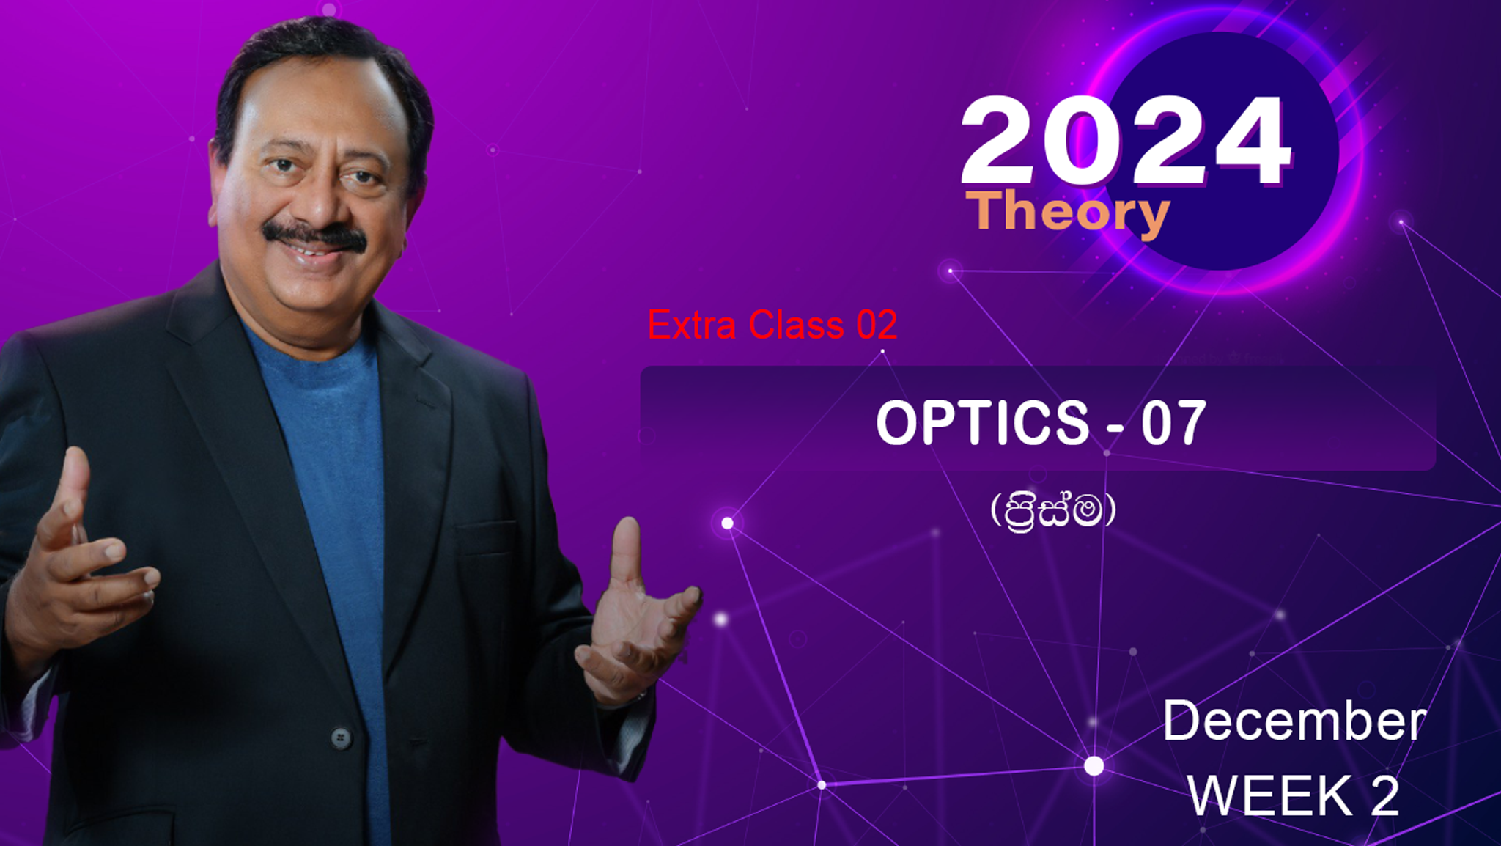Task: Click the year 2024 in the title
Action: click(x=1126, y=141)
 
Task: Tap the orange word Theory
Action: click(x=1068, y=213)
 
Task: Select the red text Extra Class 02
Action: click(x=772, y=325)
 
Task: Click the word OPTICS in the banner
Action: click(x=982, y=422)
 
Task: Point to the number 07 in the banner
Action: click(x=1173, y=423)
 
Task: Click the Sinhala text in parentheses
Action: click(x=1053, y=510)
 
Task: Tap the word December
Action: click(x=1294, y=721)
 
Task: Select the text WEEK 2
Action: click(x=1294, y=795)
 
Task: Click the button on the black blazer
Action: click(x=340, y=738)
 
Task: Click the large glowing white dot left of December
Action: click(x=1094, y=766)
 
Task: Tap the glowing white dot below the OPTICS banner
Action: click(x=727, y=523)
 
